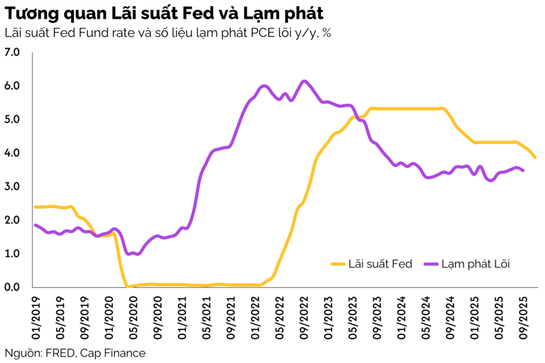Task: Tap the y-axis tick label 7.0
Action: (12, 52)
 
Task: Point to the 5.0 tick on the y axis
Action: (12, 120)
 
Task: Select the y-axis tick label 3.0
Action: (12, 187)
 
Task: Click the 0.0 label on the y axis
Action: (12, 287)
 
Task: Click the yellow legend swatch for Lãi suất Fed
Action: (337, 264)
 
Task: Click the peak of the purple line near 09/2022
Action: (304, 81)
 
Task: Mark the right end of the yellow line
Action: (535, 157)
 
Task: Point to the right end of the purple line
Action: (523, 170)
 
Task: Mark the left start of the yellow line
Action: (35, 207)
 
